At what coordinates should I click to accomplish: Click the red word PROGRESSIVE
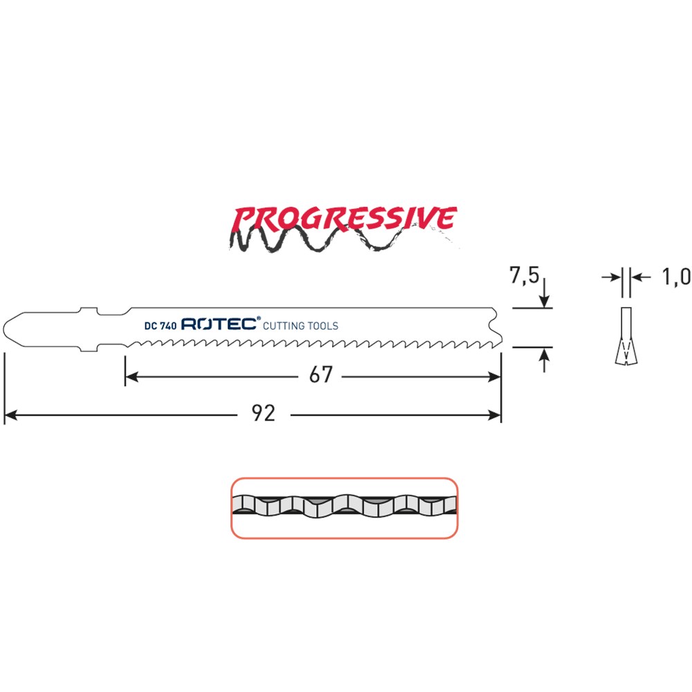343,218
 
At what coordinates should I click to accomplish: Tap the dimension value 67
321,375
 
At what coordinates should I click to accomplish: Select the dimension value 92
264,414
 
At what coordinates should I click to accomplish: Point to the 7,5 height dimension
525,275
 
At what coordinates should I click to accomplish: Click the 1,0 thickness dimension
676,277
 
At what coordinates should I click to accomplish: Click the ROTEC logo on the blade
219,324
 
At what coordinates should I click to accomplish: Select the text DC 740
161,326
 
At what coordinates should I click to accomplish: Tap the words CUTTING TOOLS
300,326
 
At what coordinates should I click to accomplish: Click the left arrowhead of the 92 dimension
10,415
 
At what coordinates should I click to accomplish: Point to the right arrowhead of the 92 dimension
494,415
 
